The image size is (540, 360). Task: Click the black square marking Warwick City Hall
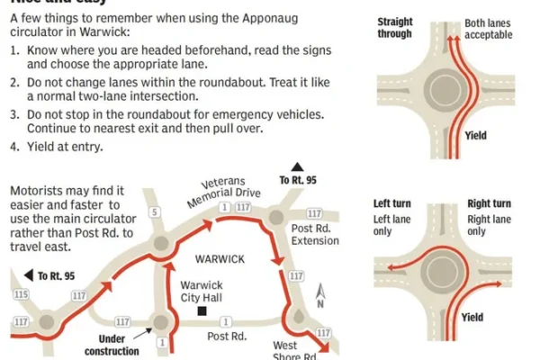click(204, 312)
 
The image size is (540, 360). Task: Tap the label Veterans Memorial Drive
click(237, 191)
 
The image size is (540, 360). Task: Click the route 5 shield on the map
click(155, 212)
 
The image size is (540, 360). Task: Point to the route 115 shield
click(19, 293)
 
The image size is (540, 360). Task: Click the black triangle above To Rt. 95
click(297, 167)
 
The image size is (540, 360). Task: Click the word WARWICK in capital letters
click(220, 259)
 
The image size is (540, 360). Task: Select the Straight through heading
click(395, 28)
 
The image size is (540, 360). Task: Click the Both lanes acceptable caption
click(489, 28)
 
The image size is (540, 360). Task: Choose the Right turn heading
click(490, 204)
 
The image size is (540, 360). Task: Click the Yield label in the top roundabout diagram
click(476, 136)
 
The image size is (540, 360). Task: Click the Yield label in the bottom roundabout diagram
click(472, 318)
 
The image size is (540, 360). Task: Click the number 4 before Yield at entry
click(13, 147)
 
